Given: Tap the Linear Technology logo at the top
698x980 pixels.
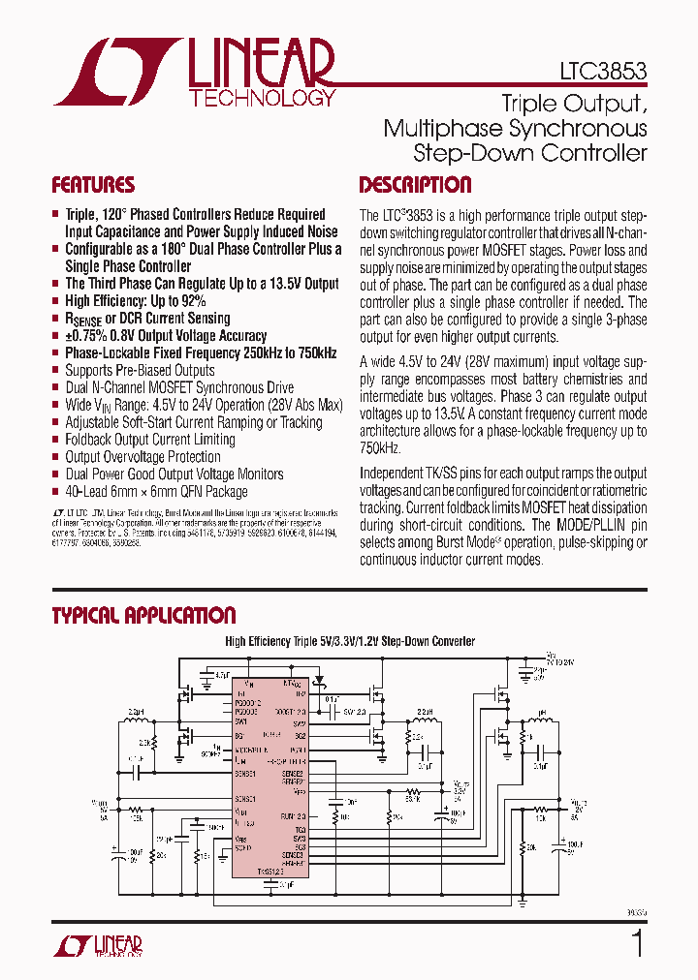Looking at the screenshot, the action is click(195, 72).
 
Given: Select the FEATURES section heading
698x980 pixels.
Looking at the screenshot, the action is click(93, 185).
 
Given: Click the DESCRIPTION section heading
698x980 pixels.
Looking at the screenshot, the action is click(415, 185).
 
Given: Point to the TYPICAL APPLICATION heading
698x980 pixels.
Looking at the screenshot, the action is click(143, 616).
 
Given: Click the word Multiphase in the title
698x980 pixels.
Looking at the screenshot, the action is click(442, 128).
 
